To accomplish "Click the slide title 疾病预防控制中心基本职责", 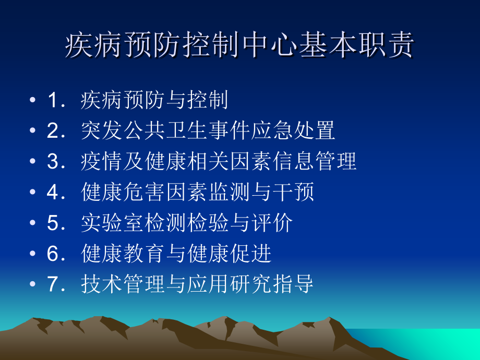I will pos(239,46).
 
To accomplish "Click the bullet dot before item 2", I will pos(33,131).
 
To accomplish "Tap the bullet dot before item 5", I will pos(33,224).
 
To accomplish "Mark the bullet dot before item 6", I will pos(33,255).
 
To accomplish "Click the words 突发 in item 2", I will pos(102,131).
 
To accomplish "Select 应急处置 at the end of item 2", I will pos(293,131).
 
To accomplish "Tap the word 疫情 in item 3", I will pos(102,162).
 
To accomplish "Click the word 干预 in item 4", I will pos(293,193).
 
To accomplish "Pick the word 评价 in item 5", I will pos(272,223).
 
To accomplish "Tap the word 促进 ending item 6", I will pos(250,254).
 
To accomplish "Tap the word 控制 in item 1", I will pos(208,100).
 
